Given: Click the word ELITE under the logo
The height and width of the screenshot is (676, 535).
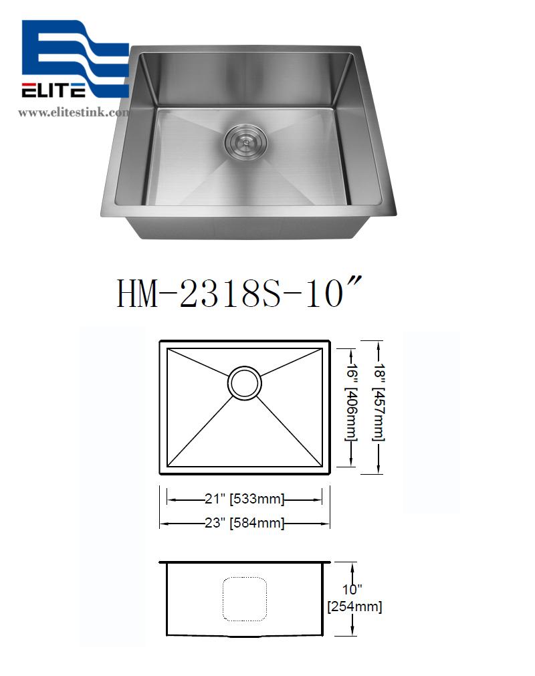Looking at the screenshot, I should pos(53,90).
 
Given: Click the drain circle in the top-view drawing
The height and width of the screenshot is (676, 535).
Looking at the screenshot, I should pos(244,383).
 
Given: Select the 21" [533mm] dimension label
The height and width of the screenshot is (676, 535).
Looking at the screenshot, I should pos(245,499).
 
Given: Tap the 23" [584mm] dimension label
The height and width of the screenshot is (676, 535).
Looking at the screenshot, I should pos(245,524).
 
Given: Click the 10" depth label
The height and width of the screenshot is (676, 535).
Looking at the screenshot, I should pos(352,590).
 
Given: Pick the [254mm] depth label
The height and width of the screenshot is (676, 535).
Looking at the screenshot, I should pos(354,607).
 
